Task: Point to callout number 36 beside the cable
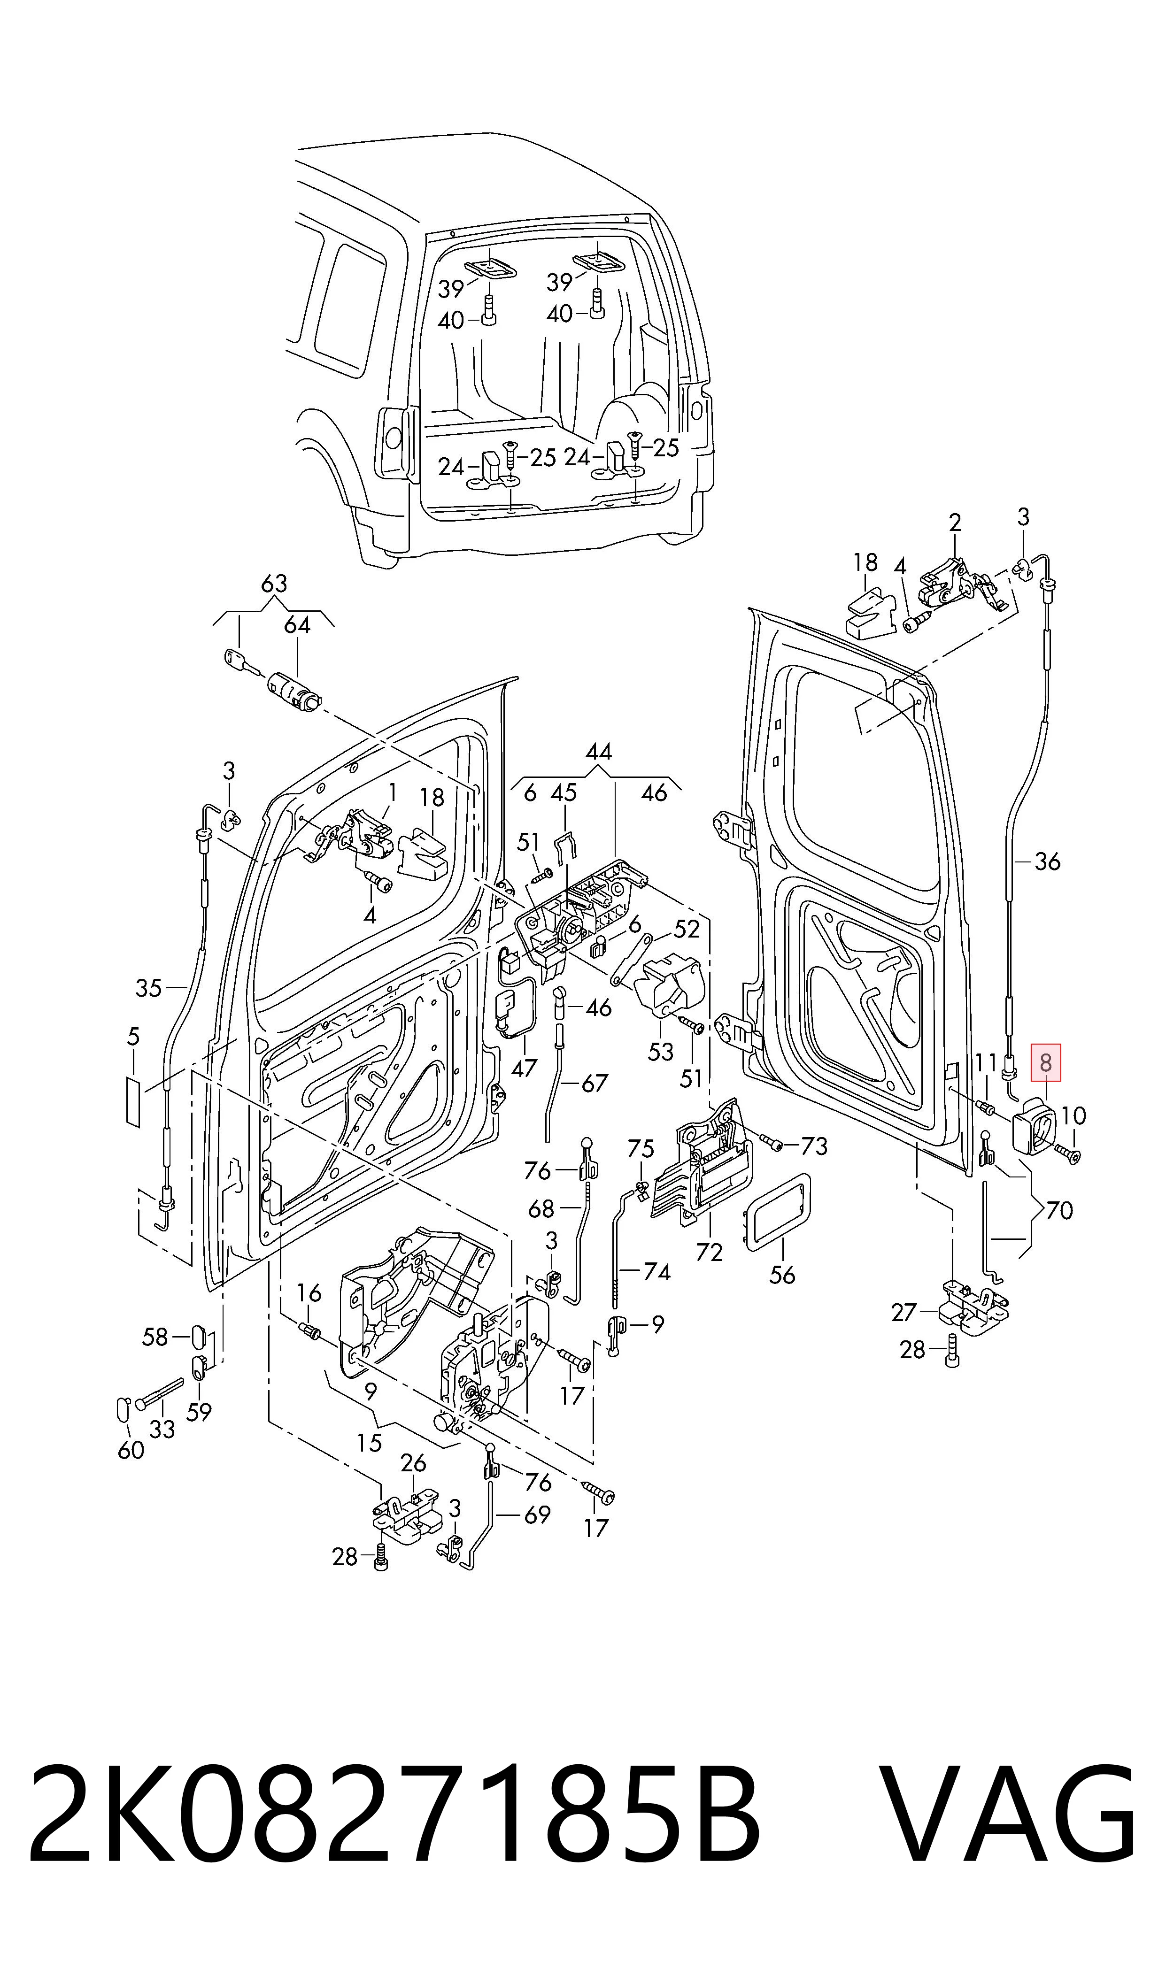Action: tap(1047, 861)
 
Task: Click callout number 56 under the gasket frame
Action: tap(782, 1275)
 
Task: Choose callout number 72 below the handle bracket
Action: tap(709, 1253)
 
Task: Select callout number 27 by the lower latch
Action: tap(904, 1312)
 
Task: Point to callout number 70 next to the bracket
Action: tap(1059, 1210)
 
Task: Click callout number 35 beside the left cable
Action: tap(148, 988)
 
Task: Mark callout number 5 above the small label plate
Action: tap(133, 1037)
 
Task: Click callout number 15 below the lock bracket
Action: tap(369, 1443)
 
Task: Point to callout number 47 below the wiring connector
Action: tap(524, 1068)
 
